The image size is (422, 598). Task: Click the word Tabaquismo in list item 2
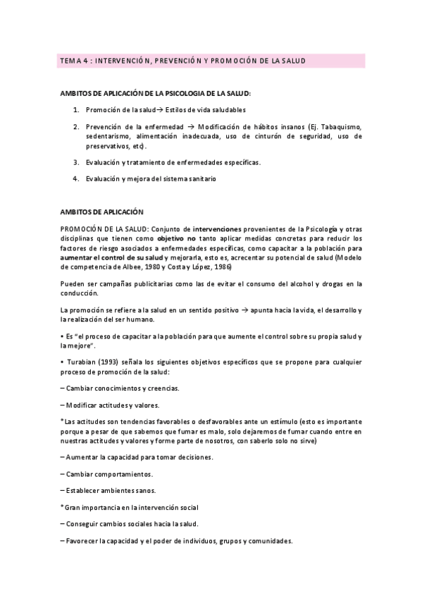click(340, 126)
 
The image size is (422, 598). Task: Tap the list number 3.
click(76, 162)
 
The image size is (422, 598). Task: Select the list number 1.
click(76, 110)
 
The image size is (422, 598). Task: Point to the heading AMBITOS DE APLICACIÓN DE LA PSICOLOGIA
click(156, 93)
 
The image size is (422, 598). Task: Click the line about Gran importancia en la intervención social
click(130, 507)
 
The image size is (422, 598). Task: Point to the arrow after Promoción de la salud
click(159, 110)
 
